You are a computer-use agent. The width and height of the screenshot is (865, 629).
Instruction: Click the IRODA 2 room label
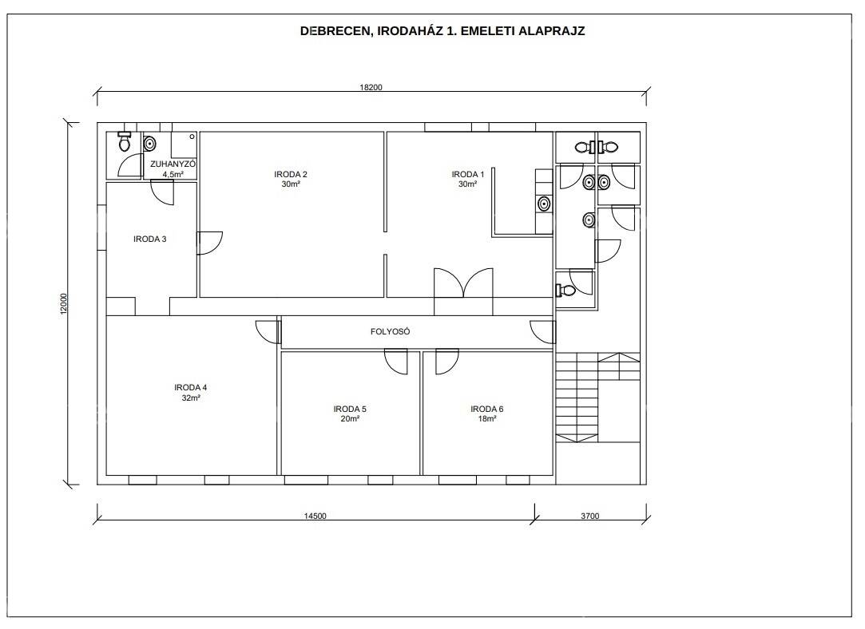pos(291,174)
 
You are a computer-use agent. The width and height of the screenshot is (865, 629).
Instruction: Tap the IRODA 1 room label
pos(468,174)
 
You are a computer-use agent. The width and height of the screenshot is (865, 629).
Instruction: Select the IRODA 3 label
pos(150,239)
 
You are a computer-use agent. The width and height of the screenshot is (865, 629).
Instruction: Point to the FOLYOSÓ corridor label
pos(391,332)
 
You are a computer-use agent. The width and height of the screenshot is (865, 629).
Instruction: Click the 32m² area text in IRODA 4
pos(191,398)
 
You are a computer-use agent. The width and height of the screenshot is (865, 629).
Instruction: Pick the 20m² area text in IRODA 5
pos(350,419)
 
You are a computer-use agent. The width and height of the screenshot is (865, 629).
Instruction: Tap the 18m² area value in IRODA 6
pos(487,419)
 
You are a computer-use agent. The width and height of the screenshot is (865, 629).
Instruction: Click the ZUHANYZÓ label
pos(173,164)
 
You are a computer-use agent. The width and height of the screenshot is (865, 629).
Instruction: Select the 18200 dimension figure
pos(371,87)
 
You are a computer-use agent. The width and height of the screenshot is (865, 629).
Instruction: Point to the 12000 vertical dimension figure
pos(63,304)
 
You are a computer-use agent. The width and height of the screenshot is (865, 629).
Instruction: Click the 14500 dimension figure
pos(315,516)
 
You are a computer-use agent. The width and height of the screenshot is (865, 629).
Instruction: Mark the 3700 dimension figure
pos(589,516)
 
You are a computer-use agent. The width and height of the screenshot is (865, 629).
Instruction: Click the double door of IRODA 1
pos(463,283)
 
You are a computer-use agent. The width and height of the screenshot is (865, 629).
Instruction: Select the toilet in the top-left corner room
pos(125,141)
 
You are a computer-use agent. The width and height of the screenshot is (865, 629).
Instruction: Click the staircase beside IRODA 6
pos(597,397)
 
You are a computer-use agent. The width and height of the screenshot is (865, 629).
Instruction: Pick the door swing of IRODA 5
pos(396,362)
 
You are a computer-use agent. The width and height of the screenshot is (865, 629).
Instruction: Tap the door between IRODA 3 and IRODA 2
pos(209,243)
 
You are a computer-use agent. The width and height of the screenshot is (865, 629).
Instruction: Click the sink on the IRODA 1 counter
pos(544,204)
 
